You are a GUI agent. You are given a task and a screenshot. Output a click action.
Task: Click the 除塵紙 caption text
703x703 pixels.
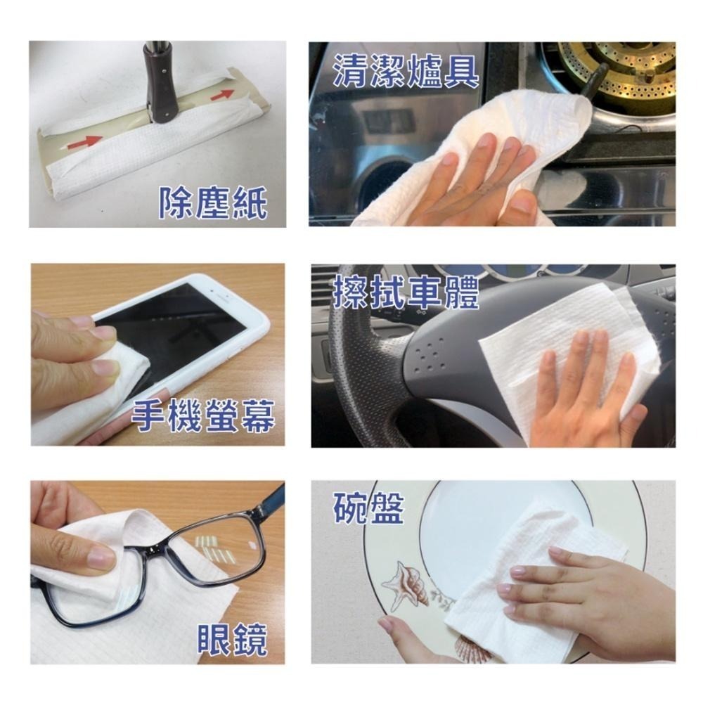point(214,203)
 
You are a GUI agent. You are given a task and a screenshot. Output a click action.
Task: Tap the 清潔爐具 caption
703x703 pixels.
point(406,71)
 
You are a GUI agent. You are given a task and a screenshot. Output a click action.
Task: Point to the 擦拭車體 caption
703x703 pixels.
point(406,292)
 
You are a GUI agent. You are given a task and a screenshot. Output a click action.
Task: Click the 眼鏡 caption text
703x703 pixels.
point(233,639)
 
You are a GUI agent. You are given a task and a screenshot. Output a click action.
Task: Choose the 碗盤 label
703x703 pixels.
point(368,508)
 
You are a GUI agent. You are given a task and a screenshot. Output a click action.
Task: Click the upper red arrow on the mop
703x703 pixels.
point(222,94)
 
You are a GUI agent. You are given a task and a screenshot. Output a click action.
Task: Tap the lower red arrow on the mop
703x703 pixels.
point(85,141)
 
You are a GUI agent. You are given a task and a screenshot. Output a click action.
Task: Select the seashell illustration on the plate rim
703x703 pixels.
point(405,585)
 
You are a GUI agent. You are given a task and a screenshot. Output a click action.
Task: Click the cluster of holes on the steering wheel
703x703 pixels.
point(428,357)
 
